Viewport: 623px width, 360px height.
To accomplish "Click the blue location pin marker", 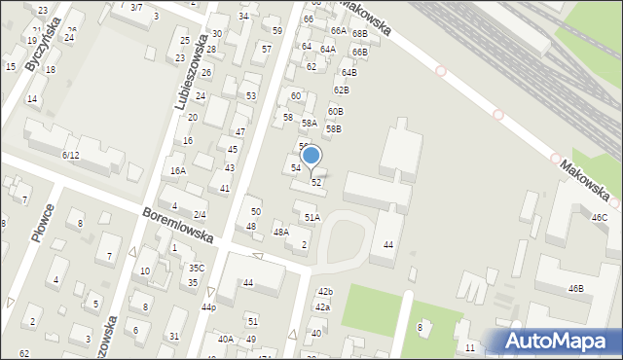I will coord(311,156).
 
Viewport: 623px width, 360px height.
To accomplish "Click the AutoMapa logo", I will coord(553,341).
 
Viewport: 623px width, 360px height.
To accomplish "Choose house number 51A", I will coord(311,217).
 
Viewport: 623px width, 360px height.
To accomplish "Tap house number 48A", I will coord(280,232).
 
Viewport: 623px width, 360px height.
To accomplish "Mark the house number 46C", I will coord(599,218).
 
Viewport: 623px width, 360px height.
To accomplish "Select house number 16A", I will coord(177,170).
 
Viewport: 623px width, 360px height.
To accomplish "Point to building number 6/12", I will coord(70,155).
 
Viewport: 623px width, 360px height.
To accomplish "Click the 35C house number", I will coord(197,268).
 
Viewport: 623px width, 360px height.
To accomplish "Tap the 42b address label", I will coord(324,292).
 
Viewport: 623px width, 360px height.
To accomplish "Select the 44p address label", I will coord(208,306).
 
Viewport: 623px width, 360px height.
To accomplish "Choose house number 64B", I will coord(348,73).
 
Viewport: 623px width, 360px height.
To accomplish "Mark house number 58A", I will coord(309,124).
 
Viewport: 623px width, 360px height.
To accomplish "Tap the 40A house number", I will coord(225,339).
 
